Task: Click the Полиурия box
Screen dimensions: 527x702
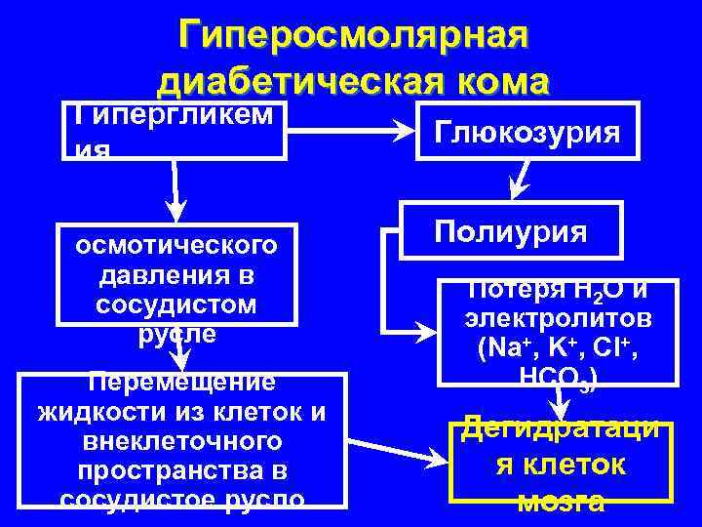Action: tap(512, 231)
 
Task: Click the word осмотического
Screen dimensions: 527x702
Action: tap(176, 242)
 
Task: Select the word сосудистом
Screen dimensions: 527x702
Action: tap(176, 303)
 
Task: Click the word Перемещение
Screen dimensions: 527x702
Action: tap(180, 382)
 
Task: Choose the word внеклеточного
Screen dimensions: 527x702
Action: tap(181, 442)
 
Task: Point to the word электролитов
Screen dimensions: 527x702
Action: tap(559, 319)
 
